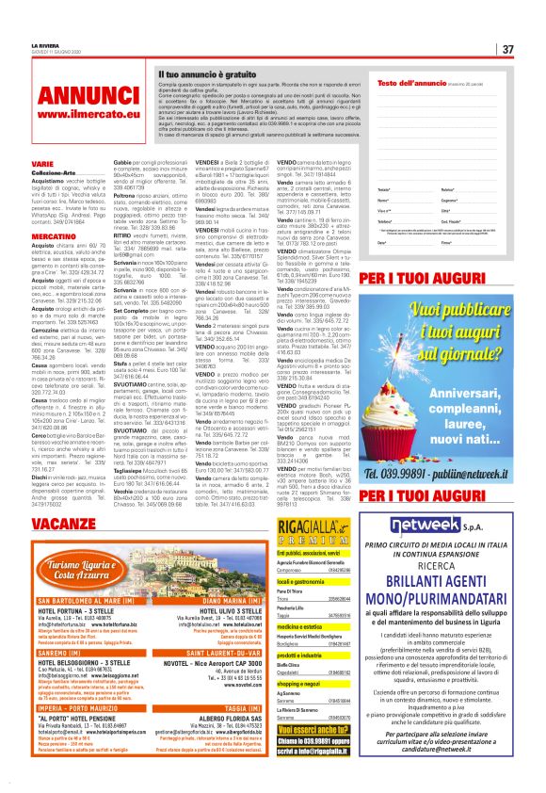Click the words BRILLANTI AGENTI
(x=449, y=585)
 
